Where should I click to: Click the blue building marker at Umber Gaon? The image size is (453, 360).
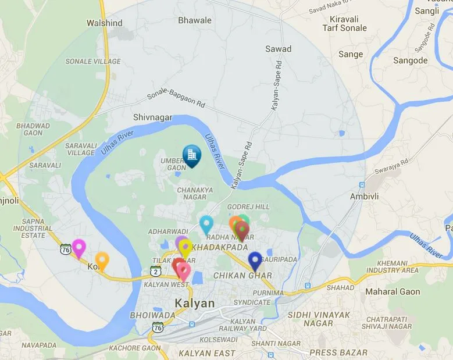click(x=191, y=155)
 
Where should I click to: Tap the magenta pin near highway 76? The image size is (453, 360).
click(x=79, y=247)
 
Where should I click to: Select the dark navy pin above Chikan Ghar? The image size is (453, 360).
click(x=255, y=260)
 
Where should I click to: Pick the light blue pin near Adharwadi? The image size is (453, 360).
click(x=206, y=223)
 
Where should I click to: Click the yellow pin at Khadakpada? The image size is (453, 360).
click(x=185, y=247)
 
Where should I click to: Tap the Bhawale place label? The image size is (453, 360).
click(x=195, y=20)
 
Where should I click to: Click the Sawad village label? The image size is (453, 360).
click(x=278, y=49)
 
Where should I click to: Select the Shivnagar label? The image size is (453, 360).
click(x=153, y=117)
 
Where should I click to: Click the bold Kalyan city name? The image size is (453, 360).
click(x=195, y=303)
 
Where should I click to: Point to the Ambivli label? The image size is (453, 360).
click(x=364, y=197)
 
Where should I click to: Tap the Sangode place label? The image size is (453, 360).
click(x=410, y=60)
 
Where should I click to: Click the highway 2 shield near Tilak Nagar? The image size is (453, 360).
click(x=155, y=270)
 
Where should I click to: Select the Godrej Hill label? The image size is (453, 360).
click(x=248, y=207)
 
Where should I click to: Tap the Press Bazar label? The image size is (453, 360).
click(x=338, y=352)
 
